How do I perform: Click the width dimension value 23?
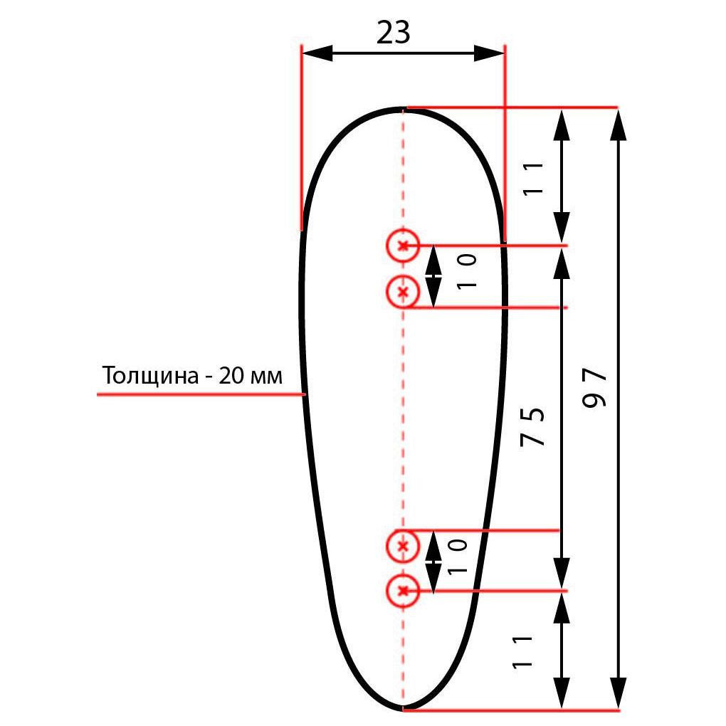tap(393, 33)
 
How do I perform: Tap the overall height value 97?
tap(594, 387)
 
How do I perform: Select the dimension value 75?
tap(532, 426)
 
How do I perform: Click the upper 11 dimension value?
tap(532, 178)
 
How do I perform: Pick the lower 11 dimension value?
tap(522, 652)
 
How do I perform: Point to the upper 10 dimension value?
tap(467, 271)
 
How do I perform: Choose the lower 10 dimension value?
tap(458, 557)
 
